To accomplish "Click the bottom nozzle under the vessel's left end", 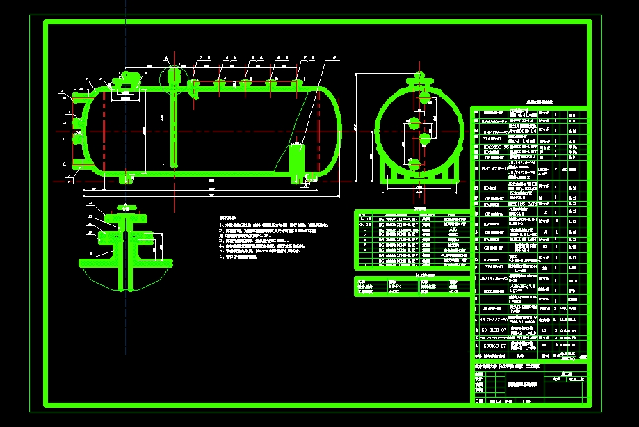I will [126, 180].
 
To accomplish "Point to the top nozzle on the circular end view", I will [419, 79].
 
